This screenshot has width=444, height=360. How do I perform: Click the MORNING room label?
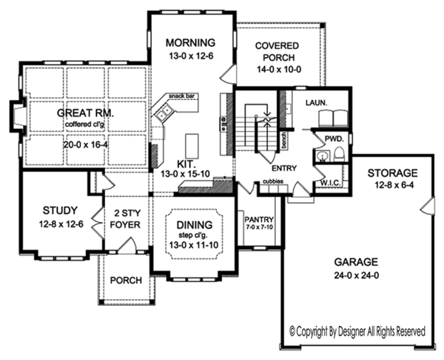[190, 43]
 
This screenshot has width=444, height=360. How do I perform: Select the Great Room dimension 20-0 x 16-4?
[87, 145]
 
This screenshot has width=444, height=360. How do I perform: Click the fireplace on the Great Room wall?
[18, 116]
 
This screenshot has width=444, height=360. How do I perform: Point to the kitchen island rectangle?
[192, 146]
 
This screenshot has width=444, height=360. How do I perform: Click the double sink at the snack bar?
[164, 113]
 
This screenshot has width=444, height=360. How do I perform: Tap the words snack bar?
[182, 96]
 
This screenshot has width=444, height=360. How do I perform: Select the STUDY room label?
[60, 210]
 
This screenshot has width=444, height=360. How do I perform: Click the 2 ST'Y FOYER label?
[125, 219]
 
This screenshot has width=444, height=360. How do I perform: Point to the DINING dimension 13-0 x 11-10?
[194, 244]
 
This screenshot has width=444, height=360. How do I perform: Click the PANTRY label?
[259, 219]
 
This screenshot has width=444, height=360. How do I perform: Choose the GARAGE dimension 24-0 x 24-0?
[357, 276]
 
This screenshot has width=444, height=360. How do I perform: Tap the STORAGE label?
[392, 173]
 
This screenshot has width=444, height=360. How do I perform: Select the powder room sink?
[321, 156]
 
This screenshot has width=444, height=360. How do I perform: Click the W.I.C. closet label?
[331, 183]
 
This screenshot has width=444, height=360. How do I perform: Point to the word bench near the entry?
[284, 140]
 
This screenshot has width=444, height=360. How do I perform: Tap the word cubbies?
[273, 181]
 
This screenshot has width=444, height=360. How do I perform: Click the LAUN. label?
[316, 103]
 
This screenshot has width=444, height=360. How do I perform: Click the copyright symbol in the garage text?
[292, 331]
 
